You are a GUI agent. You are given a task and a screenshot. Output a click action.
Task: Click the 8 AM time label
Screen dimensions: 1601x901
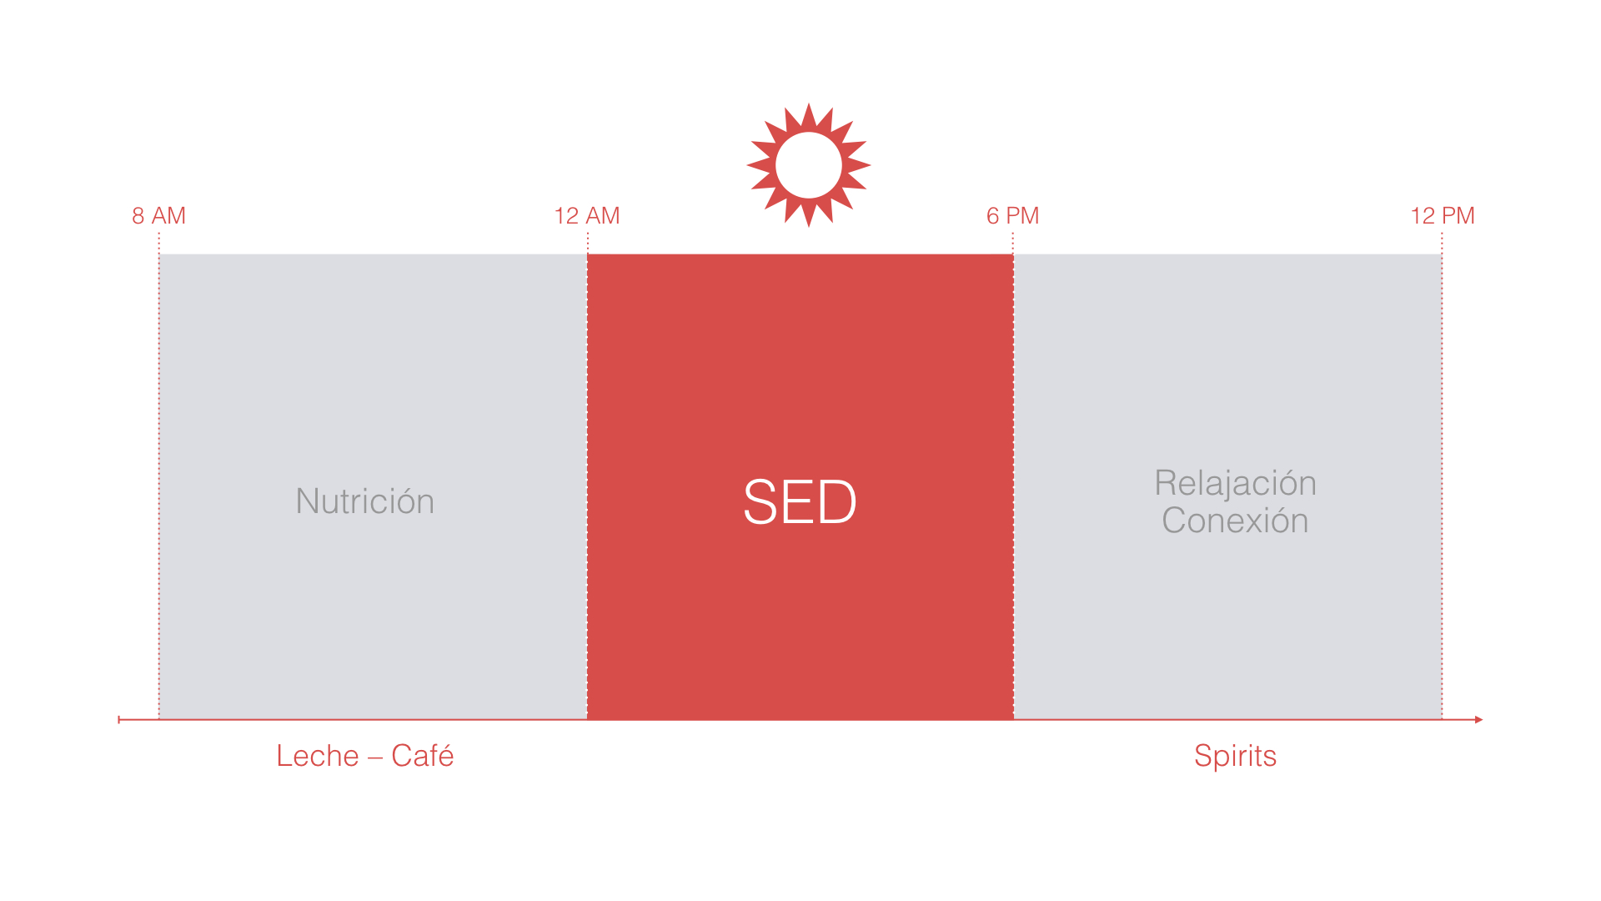(158, 216)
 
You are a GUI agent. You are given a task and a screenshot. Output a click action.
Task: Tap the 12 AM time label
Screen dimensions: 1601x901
(587, 216)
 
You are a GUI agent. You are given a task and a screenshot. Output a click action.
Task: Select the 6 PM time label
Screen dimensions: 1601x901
(1012, 216)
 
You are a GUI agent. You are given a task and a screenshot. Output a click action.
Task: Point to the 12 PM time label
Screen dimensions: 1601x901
(1443, 216)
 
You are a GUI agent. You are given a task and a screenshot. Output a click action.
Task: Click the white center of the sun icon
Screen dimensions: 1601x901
(809, 165)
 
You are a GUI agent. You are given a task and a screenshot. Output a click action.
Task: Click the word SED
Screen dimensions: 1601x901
(800, 502)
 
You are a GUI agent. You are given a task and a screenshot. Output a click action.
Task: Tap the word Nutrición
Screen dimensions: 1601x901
(365, 501)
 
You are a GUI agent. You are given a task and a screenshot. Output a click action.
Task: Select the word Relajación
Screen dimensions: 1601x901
(1235, 484)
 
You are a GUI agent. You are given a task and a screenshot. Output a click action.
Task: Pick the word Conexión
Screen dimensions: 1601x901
(1235, 521)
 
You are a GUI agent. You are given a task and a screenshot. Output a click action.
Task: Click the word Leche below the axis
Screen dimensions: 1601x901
(318, 756)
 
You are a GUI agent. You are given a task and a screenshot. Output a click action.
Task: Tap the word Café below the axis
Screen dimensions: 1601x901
(423, 756)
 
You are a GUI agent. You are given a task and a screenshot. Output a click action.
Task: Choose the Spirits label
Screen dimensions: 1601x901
(1235, 757)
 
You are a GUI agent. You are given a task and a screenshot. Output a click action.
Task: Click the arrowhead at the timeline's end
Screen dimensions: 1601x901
(1478, 719)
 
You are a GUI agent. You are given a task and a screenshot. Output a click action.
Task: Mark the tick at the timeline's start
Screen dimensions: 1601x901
(119, 719)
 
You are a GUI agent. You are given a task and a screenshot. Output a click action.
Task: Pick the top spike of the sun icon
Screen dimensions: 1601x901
(809, 114)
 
